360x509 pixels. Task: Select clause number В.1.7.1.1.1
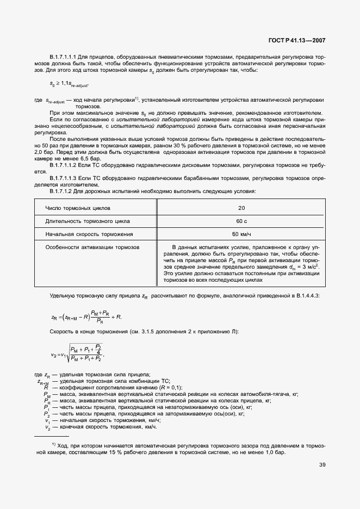coord(66,57)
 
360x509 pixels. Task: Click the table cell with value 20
coord(241,208)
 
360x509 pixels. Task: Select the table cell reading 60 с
coord(241,221)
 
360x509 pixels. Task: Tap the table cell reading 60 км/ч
coord(241,234)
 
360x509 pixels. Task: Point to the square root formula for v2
coord(76,353)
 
